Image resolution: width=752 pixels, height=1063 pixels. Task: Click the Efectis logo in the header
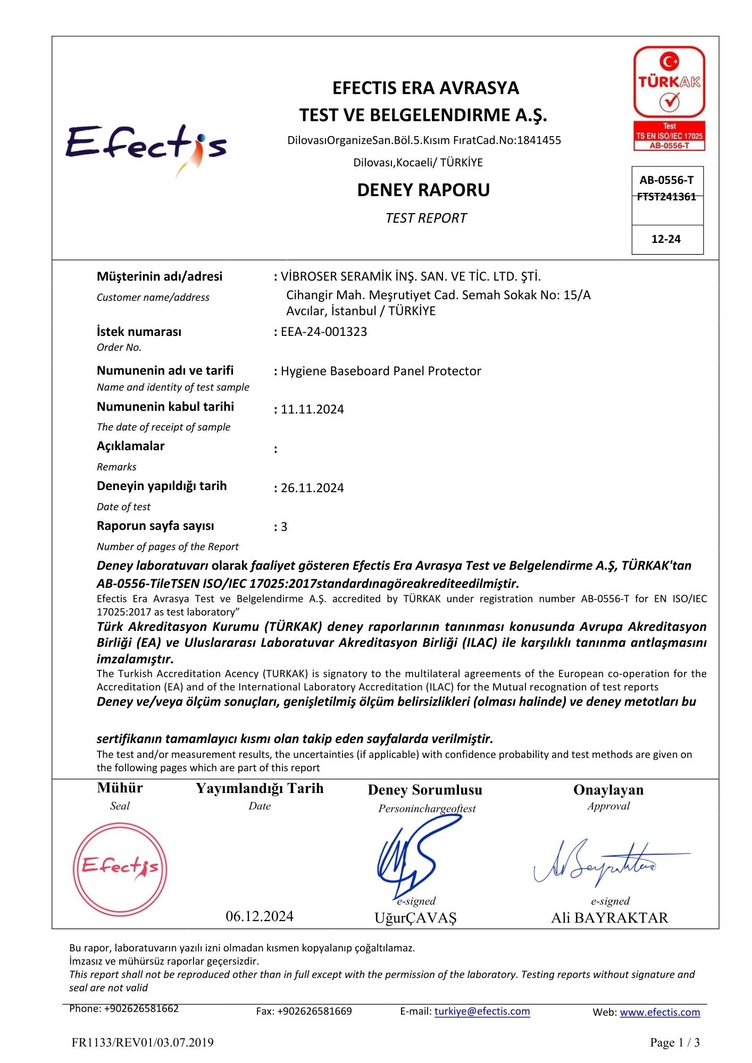[x=146, y=146]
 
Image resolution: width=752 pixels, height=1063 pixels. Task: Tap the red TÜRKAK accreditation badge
[x=669, y=98]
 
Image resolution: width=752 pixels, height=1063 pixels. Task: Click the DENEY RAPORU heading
[x=423, y=190]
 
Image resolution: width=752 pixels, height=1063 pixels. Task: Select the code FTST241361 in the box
[x=666, y=197]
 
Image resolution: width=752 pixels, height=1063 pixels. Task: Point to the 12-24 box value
[x=666, y=239]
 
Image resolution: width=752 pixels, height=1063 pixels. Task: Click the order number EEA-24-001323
[x=324, y=332]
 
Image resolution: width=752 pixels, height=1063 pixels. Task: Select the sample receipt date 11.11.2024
[x=312, y=409]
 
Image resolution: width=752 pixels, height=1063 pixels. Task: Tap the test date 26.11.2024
[x=312, y=488]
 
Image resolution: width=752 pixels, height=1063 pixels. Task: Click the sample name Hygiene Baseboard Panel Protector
[x=381, y=371]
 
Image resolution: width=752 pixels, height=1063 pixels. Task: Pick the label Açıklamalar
[x=130, y=446]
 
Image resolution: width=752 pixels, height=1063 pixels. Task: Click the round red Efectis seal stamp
[x=120, y=870]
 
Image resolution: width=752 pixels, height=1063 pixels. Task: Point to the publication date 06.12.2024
[x=260, y=916]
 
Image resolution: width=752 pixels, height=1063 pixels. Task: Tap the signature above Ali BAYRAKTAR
[x=606, y=864]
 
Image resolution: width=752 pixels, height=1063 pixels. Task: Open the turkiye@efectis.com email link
[x=482, y=1011]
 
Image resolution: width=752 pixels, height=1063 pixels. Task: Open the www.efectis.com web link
[x=659, y=1013]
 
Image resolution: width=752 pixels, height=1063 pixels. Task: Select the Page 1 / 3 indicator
[x=674, y=1043]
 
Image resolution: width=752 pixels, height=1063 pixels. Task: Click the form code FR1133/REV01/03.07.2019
[x=143, y=1043]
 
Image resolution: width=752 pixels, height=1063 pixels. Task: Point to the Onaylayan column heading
[x=608, y=790]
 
